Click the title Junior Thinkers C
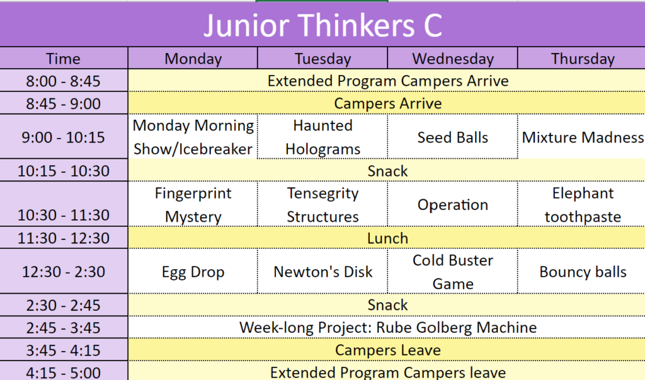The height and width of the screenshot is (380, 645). pyautogui.click(x=323, y=25)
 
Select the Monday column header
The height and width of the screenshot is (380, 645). pyautogui.click(x=193, y=59)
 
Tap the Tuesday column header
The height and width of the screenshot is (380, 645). pyautogui.click(x=323, y=59)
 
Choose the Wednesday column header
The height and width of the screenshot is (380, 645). pyautogui.click(x=453, y=59)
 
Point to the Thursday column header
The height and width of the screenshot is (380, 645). pyautogui.click(x=583, y=59)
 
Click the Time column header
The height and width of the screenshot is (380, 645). pyautogui.click(x=63, y=59)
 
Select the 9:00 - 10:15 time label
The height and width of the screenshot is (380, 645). pyautogui.click(x=64, y=137)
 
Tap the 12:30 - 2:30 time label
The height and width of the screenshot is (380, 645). pyautogui.click(x=64, y=272)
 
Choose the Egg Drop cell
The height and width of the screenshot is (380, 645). pyautogui.click(x=193, y=272)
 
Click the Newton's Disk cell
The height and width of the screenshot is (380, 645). pyautogui.click(x=323, y=272)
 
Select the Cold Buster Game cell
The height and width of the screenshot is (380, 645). pyautogui.click(x=453, y=272)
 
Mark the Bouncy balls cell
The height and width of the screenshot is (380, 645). pyautogui.click(x=583, y=272)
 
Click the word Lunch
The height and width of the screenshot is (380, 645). pyautogui.click(x=387, y=238)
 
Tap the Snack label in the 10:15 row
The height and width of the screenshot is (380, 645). pyautogui.click(x=387, y=171)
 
